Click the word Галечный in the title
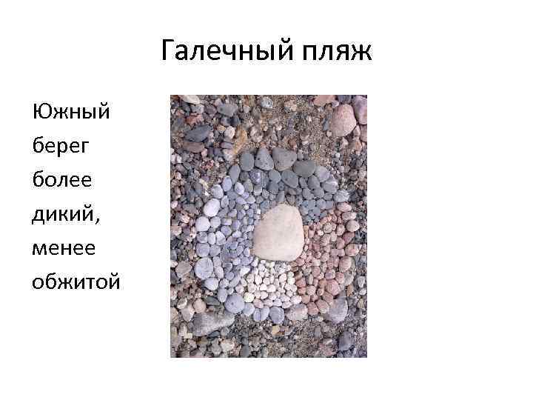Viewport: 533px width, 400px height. coord(223,53)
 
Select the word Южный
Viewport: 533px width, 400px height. coord(71,113)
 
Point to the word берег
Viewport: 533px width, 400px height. coord(61,147)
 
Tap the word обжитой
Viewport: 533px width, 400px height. coord(76,281)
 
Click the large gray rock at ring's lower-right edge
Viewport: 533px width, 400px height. coord(335,307)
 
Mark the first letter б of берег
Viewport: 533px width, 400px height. coord(38,147)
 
